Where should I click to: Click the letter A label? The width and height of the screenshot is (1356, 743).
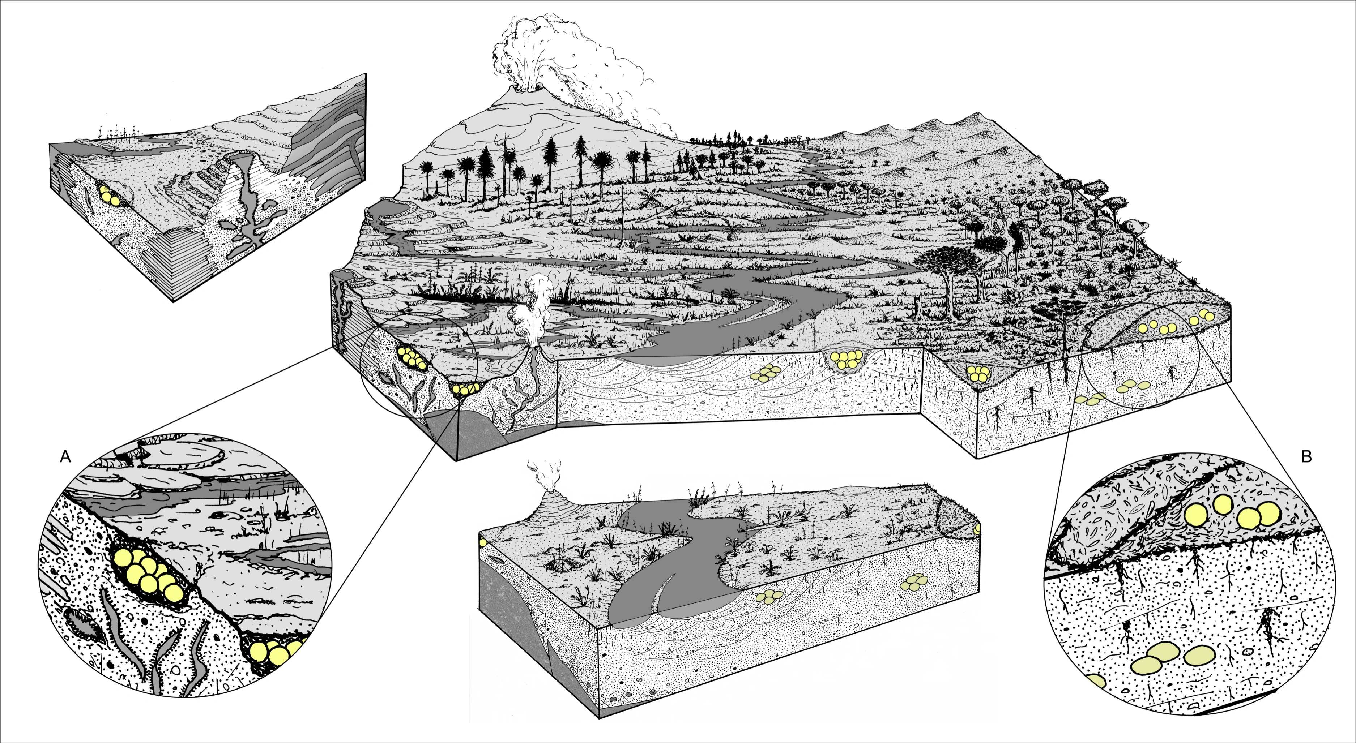tap(65, 457)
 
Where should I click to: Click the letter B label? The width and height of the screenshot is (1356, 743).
tap(1306, 457)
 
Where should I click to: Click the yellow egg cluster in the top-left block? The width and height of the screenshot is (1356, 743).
tap(109, 196)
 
